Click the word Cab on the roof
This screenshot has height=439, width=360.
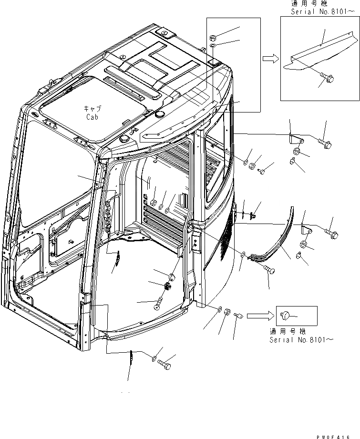point(93,117)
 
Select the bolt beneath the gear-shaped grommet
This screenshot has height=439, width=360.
point(159,303)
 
